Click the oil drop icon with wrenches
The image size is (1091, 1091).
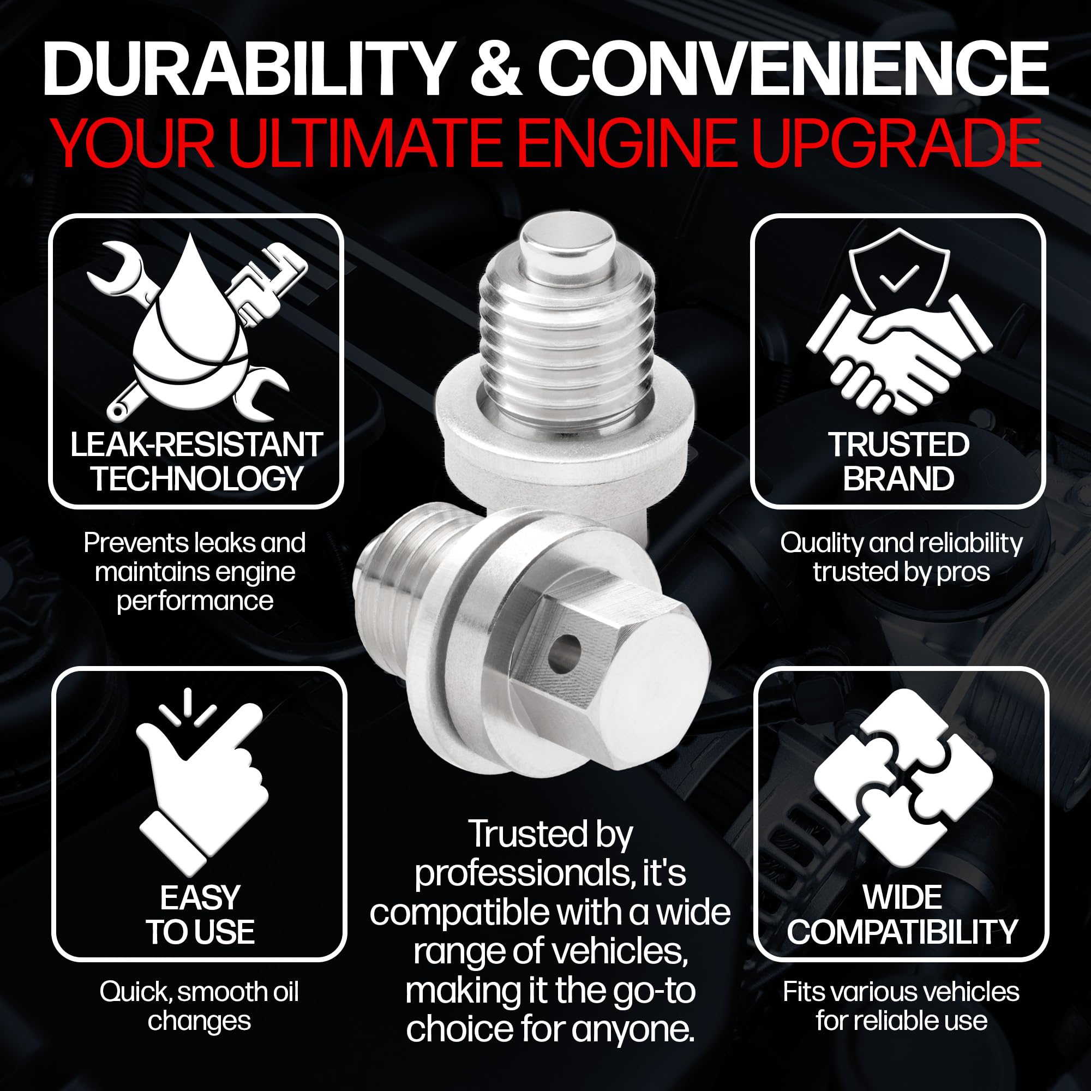click(195, 330)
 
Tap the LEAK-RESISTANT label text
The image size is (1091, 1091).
click(196, 445)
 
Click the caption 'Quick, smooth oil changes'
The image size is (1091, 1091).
click(199, 1006)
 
